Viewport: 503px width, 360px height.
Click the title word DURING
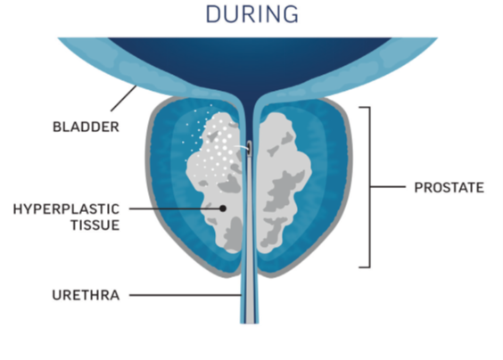(251, 14)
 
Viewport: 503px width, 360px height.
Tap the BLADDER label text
(86, 127)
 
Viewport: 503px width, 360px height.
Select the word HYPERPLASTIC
(66, 209)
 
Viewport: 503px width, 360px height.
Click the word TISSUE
(95, 225)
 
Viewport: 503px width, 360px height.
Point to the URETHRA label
(86, 295)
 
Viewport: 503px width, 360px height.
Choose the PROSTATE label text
(449, 187)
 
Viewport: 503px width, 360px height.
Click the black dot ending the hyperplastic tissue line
(223, 209)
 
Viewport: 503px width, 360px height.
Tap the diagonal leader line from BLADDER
(124, 98)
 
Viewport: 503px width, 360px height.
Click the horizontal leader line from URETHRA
(186, 295)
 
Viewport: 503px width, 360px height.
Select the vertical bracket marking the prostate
(370, 187)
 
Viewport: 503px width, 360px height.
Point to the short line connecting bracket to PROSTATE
(388, 186)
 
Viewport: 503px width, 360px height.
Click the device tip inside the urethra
(249, 148)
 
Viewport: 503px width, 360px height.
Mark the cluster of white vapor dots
(211, 144)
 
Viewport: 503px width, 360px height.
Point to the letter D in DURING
(214, 14)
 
